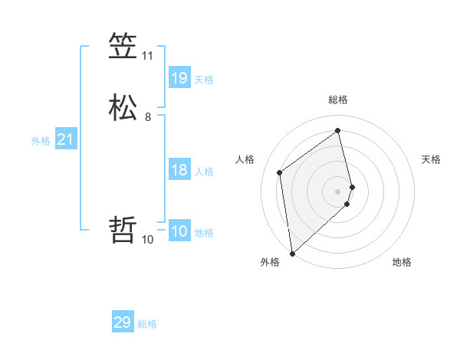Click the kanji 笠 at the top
tap(123, 47)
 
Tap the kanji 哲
tap(123, 230)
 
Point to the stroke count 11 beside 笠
tap(147, 56)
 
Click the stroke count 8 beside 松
tap(147, 117)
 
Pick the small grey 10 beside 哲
tap(147, 239)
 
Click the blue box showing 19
tap(179, 77)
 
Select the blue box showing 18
tap(179, 169)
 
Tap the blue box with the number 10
tap(179, 231)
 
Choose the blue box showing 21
tap(65, 139)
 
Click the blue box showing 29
tap(123, 322)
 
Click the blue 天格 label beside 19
tap(204, 80)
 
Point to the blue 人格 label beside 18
tap(204, 172)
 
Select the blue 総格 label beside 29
tap(147, 325)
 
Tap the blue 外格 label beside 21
tap(41, 141)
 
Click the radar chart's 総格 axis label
tap(338, 100)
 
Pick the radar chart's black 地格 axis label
tap(402, 263)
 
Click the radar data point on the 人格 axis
tap(280, 172)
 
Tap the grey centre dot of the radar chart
tap(338, 191)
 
